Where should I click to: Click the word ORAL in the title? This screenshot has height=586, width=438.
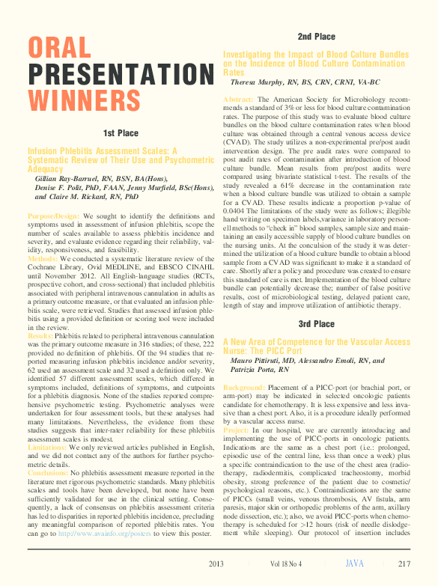pyautogui.click(x=60, y=48)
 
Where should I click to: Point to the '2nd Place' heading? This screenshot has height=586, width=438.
pyautogui.click(x=315, y=37)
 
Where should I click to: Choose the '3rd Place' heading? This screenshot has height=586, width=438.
pyautogui.click(x=315, y=324)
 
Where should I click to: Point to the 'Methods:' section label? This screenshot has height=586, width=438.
pyautogui.click(x=43, y=258)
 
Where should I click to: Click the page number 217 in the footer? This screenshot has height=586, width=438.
pyautogui.click(x=404, y=563)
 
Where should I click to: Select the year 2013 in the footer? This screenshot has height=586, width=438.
pyautogui.click(x=216, y=563)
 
